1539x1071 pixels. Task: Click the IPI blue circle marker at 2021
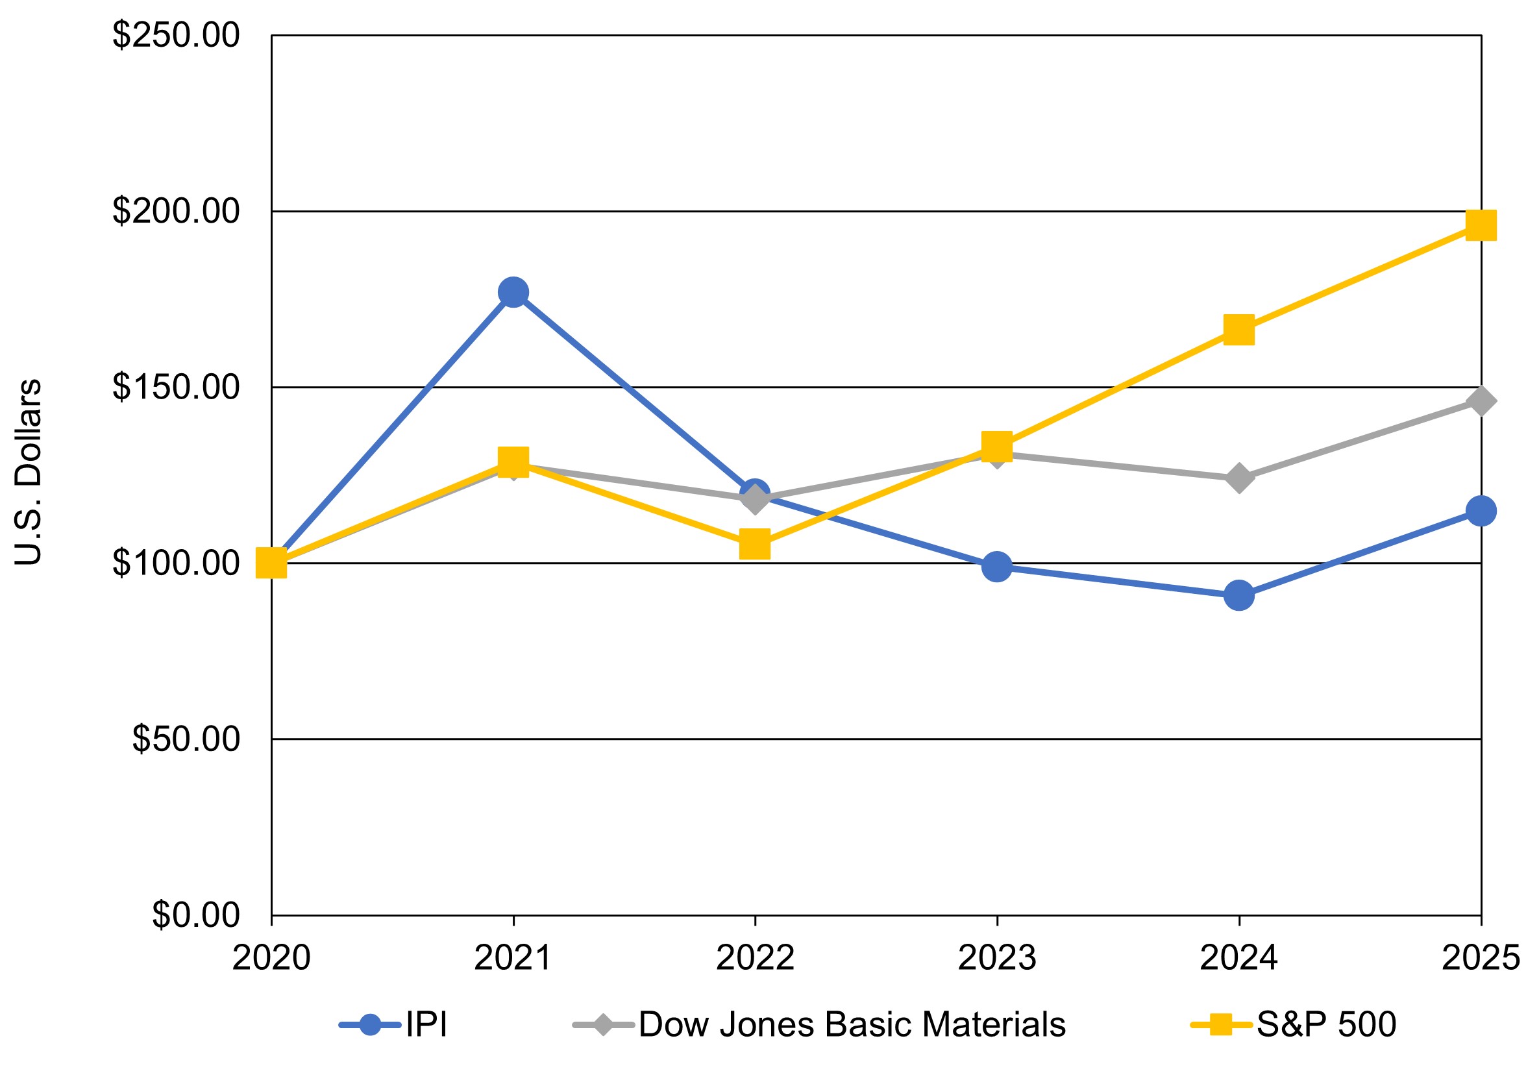[x=513, y=292]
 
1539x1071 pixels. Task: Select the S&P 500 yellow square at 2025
[x=1481, y=225]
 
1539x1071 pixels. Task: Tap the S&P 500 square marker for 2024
[x=1238, y=330]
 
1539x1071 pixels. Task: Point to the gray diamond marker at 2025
[x=1481, y=400]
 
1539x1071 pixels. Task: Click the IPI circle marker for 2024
[x=1238, y=595]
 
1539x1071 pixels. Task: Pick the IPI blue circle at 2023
[x=997, y=567]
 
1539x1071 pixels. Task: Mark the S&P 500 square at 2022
[x=755, y=543]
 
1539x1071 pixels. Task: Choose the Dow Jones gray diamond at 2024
[x=1238, y=478]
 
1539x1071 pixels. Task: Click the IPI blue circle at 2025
[x=1481, y=511]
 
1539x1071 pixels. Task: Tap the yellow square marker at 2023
[x=997, y=445]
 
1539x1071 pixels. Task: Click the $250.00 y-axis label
[x=176, y=35]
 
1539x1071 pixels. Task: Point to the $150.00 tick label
[x=176, y=387]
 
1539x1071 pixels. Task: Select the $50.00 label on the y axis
[x=186, y=739]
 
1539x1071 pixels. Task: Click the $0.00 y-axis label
[x=196, y=915]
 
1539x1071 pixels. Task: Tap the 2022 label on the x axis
[x=755, y=957]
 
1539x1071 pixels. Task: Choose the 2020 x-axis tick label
[x=271, y=957]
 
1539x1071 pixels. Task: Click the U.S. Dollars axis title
[x=28, y=473]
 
